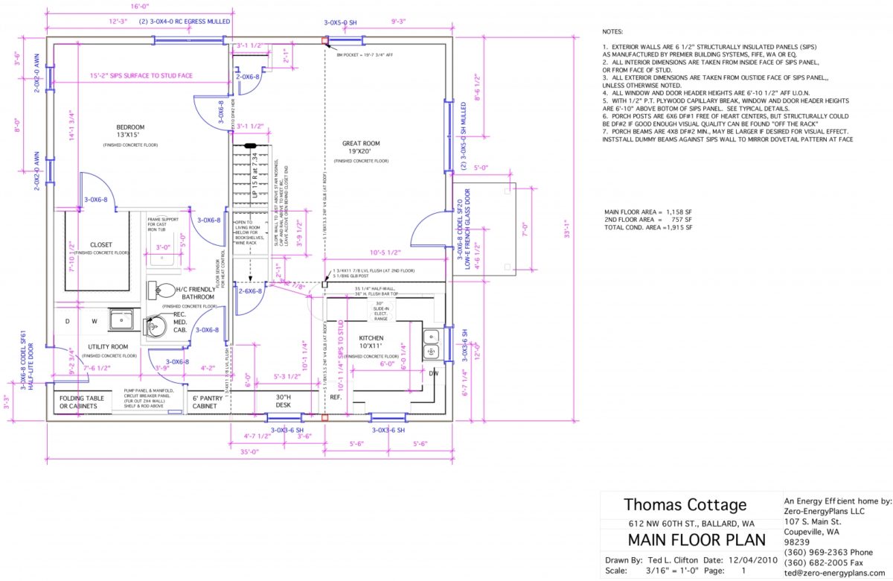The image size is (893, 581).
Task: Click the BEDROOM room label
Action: [130, 127]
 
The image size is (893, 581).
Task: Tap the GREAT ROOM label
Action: [361, 144]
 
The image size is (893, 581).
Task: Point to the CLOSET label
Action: [101, 244]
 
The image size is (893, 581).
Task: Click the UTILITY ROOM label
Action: [109, 347]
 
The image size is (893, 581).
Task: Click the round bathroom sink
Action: [158, 326]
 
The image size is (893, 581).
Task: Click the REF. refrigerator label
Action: [336, 397]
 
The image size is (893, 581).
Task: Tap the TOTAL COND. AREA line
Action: [648, 227]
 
